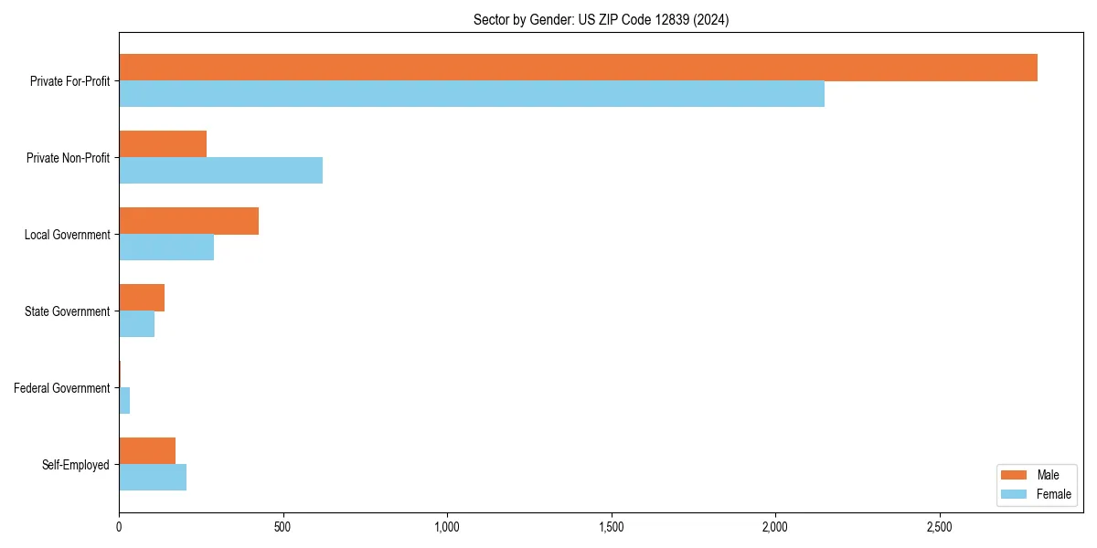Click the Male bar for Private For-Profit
(578, 68)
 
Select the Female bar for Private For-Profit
(472, 94)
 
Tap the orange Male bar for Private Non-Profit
(163, 144)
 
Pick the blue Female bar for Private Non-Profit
(220, 171)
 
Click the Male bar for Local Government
(188, 221)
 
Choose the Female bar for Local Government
(166, 248)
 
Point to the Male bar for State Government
(142, 298)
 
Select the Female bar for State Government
(136, 324)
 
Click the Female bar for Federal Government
(124, 401)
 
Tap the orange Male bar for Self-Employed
(147, 451)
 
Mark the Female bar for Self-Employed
(153, 478)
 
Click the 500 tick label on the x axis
(282, 528)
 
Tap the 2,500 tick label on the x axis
(940, 528)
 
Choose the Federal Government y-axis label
(61, 388)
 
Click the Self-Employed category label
(75, 465)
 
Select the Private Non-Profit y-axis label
(68, 158)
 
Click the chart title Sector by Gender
(601, 19)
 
